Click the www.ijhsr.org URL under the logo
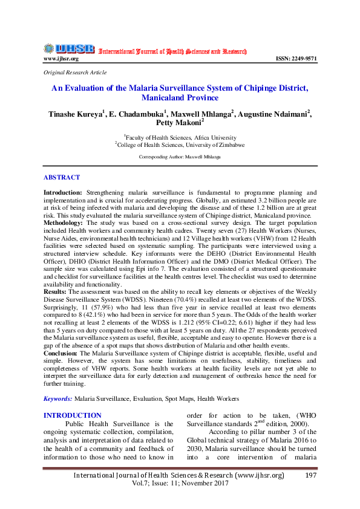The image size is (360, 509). [x=61, y=59]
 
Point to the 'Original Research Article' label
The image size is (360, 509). [x=75, y=72]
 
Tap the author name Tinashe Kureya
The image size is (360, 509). [x=76, y=113]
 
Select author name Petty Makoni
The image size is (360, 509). [x=180, y=123]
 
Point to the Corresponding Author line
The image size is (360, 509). [x=180, y=156]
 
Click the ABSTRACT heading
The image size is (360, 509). [x=61, y=178]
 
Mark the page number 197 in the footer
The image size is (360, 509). [x=310, y=476]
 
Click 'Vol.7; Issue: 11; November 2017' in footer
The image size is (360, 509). [x=179, y=485]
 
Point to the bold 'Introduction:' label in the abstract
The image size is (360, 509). [x=64, y=192]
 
